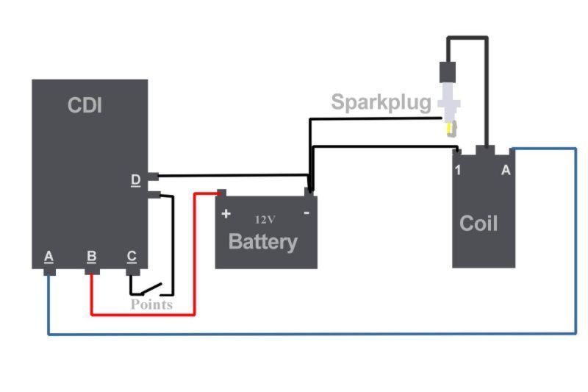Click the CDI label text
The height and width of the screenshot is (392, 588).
(x=85, y=105)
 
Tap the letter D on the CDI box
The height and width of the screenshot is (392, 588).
(x=136, y=179)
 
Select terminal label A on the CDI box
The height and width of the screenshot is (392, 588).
(x=49, y=257)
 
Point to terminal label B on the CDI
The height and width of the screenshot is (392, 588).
(x=91, y=257)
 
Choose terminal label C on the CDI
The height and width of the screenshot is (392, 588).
(x=132, y=257)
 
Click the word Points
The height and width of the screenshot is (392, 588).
(x=151, y=304)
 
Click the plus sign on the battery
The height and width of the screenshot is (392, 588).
(x=226, y=214)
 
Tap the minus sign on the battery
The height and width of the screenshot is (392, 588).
(x=306, y=213)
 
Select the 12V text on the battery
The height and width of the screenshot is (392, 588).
(x=265, y=219)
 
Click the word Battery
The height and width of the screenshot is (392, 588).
(x=263, y=241)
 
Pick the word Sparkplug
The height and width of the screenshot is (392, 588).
(x=381, y=101)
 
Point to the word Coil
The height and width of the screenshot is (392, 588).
(x=478, y=223)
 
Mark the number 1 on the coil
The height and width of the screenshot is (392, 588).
(x=458, y=171)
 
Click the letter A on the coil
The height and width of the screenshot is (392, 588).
(x=505, y=171)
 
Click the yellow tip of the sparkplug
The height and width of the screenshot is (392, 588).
(x=449, y=130)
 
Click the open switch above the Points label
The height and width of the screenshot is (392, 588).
(x=151, y=288)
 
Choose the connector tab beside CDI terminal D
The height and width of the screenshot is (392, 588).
(x=154, y=177)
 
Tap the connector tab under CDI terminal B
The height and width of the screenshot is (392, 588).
(x=92, y=271)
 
